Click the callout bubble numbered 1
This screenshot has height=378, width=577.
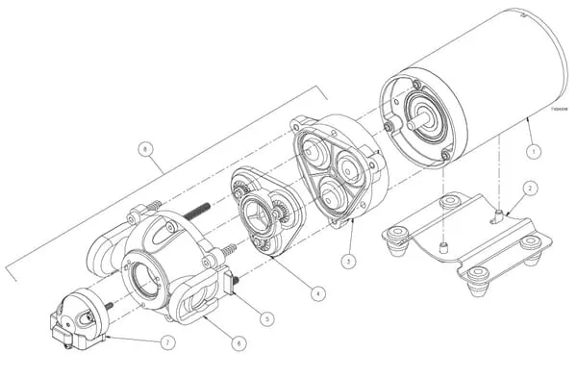click(532, 151)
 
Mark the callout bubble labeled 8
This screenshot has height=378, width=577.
click(146, 150)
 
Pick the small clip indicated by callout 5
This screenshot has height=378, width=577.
click(232, 282)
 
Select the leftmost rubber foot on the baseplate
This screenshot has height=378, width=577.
click(393, 241)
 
